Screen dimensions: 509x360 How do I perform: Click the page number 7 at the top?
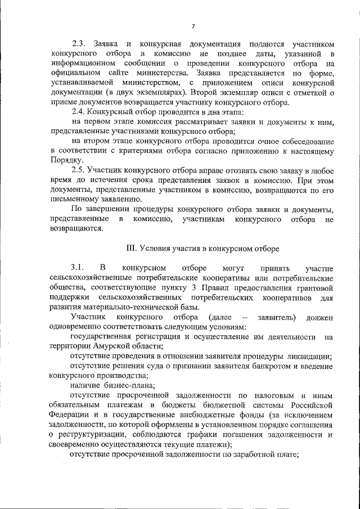click(x=192, y=26)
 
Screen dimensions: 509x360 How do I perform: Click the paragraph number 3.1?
click(x=77, y=268)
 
